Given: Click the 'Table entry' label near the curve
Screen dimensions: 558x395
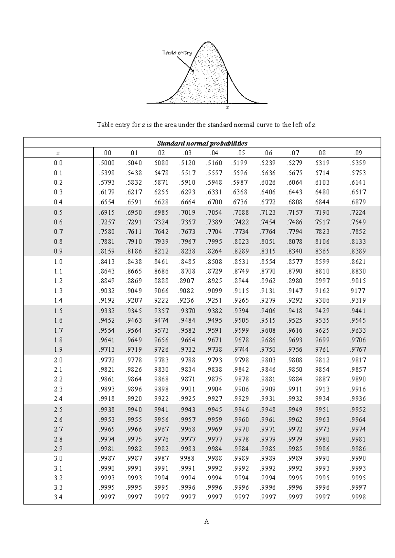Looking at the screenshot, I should click(x=177, y=53).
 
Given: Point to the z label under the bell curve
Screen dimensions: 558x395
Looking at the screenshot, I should click(x=227, y=107).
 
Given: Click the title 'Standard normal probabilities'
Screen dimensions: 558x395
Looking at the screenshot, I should click(x=202, y=143).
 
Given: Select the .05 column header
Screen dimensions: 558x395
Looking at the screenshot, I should click(x=241, y=153).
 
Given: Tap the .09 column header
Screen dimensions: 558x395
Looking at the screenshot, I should click(x=358, y=153).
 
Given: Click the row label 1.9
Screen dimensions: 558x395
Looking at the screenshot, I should click(x=58, y=350).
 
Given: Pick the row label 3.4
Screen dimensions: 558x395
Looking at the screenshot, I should click(x=58, y=497).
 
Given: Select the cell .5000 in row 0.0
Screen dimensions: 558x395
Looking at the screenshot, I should click(x=107, y=163).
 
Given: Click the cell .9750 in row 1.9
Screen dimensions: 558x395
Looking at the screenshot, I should click(x=267, y=350).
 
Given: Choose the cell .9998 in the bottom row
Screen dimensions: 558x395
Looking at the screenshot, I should click(x=358, y=497).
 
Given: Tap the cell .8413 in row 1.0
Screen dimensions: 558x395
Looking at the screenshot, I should click(x=107, y=262).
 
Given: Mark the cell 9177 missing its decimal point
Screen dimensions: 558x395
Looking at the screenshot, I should click(x=358, y=291).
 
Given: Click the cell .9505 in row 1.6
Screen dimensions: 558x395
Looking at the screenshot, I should click(x=241, y=320).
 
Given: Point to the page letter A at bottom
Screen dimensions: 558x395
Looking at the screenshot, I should click(x=206, y=522).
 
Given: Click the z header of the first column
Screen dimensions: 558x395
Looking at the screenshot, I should click(x=58, y=153).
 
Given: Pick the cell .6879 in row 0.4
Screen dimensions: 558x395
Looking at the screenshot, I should click(x=358, y=202).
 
